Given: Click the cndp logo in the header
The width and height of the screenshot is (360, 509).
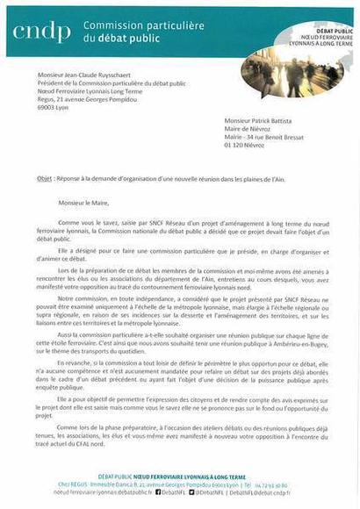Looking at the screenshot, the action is [42, 32].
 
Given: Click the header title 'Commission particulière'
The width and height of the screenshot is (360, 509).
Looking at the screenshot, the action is [131, 25].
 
